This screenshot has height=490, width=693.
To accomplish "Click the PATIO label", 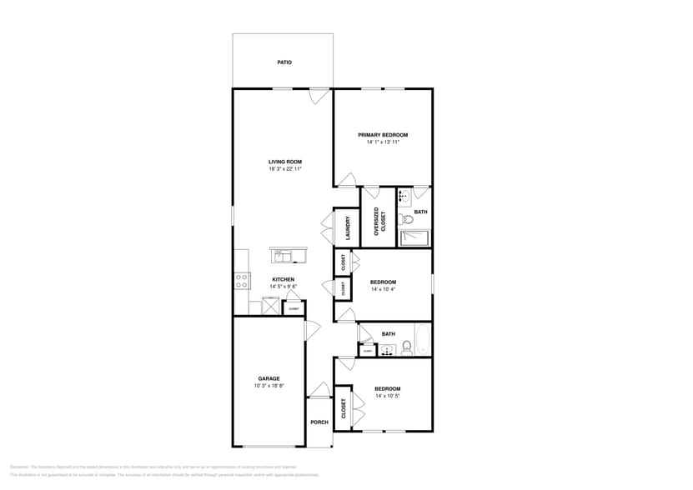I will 284,62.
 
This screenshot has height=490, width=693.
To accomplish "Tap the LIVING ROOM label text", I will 284,162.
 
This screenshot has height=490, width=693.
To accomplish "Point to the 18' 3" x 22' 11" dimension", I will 284,169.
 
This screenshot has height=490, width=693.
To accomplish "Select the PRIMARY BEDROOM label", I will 383,135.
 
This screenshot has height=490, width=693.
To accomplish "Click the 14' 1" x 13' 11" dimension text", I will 383,142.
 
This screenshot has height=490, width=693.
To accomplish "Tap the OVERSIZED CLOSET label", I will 377,222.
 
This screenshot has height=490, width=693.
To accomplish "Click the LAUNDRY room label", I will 346,227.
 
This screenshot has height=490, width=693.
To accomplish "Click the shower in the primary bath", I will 414,239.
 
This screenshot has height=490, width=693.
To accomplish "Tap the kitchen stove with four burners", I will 242,281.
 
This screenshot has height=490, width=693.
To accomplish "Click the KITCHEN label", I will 283,279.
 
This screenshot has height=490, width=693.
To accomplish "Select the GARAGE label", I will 269,378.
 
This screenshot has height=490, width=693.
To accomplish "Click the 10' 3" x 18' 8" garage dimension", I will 269,386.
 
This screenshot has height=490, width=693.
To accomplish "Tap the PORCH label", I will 319,422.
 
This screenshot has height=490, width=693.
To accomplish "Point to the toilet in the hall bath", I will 405,347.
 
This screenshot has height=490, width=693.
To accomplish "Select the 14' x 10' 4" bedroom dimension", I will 383,289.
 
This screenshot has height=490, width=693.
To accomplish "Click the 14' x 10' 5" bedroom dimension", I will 387,397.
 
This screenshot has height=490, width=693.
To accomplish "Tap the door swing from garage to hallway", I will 311,331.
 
